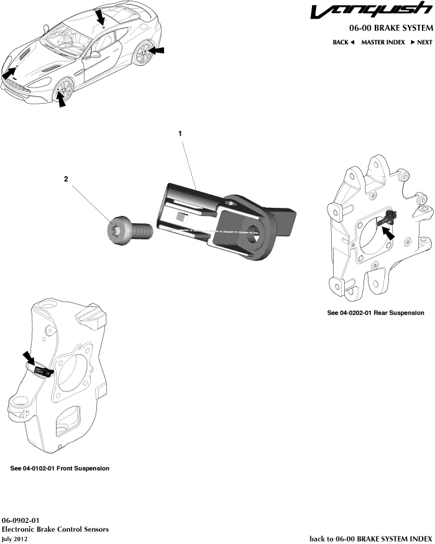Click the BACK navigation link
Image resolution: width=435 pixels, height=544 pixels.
coord(343,42)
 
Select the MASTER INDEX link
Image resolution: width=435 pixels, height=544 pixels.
coord(383,42)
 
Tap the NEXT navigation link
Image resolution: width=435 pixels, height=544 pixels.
coord(420,42)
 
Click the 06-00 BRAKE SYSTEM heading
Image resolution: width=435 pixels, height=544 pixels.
coord(384,29)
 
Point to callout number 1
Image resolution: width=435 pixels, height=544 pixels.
coord(180,133)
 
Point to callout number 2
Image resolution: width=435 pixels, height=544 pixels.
coord(66,179)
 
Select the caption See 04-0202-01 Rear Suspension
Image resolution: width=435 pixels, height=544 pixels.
coord(375,313)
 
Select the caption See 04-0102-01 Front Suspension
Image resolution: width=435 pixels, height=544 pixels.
coord(60,468)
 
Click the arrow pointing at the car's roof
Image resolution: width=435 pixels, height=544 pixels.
coord(100,16)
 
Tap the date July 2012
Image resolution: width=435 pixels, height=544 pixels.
coord(15,539)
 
